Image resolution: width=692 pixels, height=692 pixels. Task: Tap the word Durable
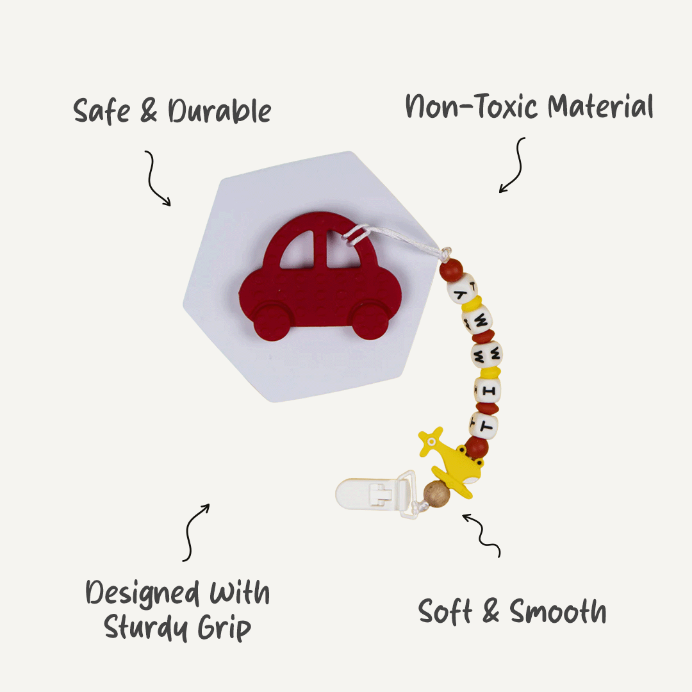tap(220, 112)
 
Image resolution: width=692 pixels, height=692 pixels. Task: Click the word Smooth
tap(558, 613)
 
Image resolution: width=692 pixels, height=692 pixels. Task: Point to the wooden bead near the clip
tap(437, 494)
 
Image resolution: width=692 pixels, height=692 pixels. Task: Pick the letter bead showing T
tap(484, 424)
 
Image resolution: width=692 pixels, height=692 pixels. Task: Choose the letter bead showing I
tap(488, 390)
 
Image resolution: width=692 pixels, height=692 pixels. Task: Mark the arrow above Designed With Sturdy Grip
tap(196, 531)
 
